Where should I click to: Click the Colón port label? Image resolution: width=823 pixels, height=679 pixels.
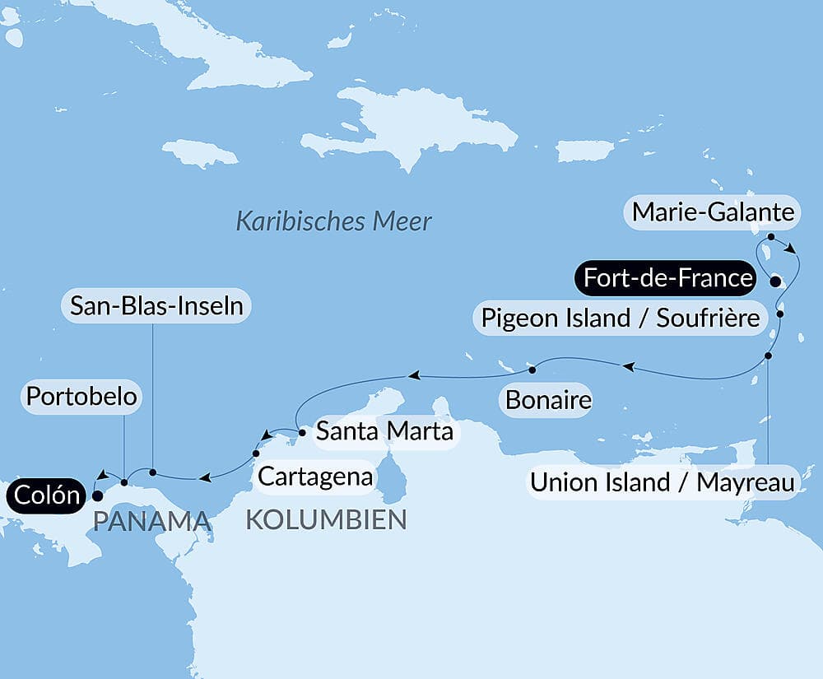45,495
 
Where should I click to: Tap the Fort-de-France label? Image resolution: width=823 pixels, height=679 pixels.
667,278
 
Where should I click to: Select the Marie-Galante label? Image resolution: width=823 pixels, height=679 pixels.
713,213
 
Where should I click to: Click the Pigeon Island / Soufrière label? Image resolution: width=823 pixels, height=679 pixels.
620,318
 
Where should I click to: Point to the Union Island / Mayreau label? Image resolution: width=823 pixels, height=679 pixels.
662,482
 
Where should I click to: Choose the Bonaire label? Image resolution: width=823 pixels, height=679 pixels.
548,401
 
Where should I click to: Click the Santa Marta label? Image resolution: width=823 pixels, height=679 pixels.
384,430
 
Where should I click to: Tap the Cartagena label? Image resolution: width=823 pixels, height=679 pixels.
315,476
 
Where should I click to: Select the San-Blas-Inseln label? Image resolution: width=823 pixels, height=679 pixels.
156,306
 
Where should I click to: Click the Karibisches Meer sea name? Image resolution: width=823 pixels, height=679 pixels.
333,221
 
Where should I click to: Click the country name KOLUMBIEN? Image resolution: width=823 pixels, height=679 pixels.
326,520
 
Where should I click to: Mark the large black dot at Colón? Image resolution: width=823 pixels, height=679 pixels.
96,495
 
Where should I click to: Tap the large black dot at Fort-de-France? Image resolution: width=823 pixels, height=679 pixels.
774,282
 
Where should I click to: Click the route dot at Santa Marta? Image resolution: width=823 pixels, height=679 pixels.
302,431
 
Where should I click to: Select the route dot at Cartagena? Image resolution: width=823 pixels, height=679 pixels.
256,453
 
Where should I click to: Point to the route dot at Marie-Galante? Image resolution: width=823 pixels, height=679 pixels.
771,236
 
